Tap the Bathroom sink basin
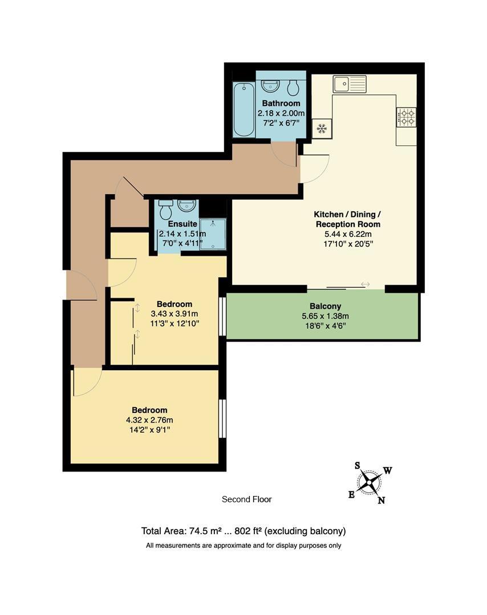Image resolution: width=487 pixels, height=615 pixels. coord(270,86)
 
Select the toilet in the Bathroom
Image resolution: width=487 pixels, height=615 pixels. coord(293,87)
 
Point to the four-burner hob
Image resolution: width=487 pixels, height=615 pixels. coord(406,117)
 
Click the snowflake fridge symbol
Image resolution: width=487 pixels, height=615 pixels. coord(321,129)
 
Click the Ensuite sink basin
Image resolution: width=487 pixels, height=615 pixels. coord(186,205)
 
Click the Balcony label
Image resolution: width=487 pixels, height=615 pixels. coord(325,306)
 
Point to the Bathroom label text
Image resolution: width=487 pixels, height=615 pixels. coord(281,103)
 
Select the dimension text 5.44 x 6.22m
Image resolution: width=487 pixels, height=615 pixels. coord(348,234)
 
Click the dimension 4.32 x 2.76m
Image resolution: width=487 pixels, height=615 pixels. coord(149,420)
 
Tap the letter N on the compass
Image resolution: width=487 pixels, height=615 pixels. coord(382,501)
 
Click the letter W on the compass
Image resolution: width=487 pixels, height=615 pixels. coord(387,470)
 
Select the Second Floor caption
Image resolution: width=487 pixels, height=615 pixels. coord(246,499)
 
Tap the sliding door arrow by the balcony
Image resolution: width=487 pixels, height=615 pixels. coord(365,284)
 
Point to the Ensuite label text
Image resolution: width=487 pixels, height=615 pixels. coord(182,224)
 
